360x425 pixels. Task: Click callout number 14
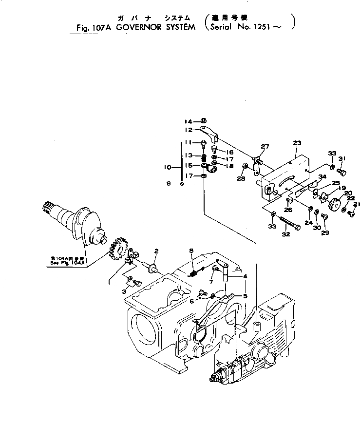click(x=189, y=121)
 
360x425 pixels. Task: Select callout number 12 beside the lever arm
click(x=189, y=130)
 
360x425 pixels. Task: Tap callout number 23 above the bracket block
click(x=297, y=143)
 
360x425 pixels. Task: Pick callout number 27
click(x=264, y=147)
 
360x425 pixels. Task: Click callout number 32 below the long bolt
click(x=285, y=234)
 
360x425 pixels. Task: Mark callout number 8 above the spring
click(x=191, y=251)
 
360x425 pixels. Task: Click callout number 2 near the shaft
click(x=156, y=251)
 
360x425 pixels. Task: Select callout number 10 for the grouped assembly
click(x=168, y=167)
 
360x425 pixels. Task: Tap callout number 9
click(x=169, y=184)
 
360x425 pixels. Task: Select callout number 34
click(x=322, y=176)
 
